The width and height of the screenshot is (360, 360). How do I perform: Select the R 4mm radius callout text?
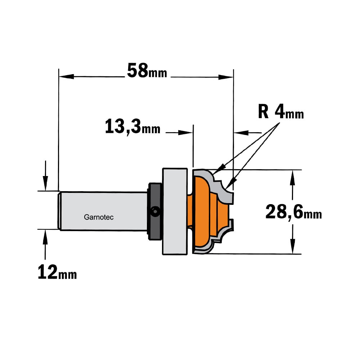point(281,112)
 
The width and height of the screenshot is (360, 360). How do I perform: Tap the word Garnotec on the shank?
point(99,217)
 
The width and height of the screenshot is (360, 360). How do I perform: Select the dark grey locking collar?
point(154,211)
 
